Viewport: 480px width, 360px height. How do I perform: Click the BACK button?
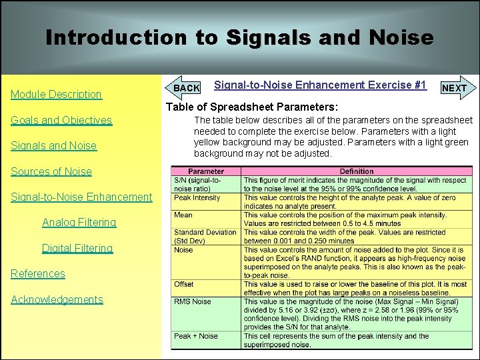tap(186, 88)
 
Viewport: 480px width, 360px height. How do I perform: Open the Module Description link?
tap(56, 94)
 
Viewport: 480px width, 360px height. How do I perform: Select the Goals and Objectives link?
tap(61, 120)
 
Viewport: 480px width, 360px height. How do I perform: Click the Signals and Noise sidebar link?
tap(53, 145)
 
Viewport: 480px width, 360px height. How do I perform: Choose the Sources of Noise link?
tap(51, 171)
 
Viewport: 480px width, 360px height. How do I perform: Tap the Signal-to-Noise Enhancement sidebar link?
tap(81, 197)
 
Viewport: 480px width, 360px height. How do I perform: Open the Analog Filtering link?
tap(79, 222)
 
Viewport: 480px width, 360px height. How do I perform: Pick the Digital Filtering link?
tap(77, 248)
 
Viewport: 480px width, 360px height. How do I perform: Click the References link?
tap(38, 273)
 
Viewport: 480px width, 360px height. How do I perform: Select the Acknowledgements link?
tap(57, 299)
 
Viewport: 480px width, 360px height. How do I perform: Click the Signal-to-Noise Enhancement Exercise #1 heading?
tap(320, 85)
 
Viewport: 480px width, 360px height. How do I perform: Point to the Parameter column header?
tap(206, 171)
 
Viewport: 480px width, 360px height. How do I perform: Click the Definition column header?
tap(357, 171)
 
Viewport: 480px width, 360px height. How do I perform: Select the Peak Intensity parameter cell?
tap(197, 198)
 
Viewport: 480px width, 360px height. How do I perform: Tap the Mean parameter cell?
tap(184, 215)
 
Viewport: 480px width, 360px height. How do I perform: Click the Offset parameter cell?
tap(185, 284)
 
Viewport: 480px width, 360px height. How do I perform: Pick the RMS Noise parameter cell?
tap(193, 301)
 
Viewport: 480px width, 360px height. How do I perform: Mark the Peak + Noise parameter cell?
tap(196, 336)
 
